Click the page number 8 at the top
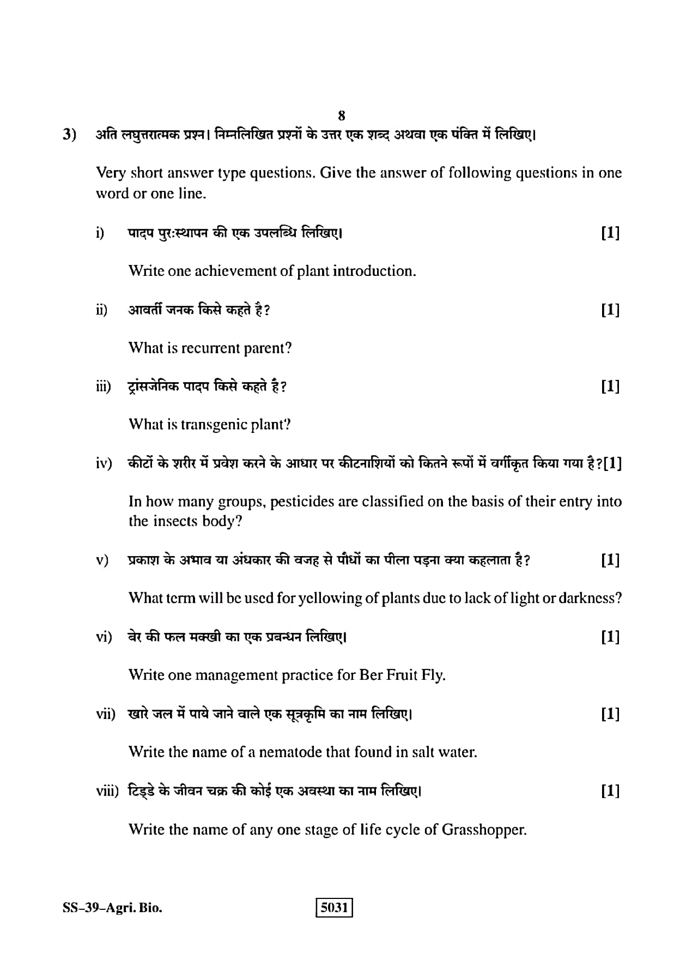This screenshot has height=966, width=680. [x=341, y=116]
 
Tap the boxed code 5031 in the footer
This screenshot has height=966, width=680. [x=334, y=908]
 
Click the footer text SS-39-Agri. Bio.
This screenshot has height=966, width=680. [x=112, y=908]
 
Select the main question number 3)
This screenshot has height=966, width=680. [x=69, y=134]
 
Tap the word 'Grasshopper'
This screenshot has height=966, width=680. [x=483, y=830]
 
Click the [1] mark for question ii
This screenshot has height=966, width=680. [x=610, y=310]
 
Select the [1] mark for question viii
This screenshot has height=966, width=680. [x=610, y=791]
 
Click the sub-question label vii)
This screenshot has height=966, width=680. [x=106, y=714]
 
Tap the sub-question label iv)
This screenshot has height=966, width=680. [x=104, y=464]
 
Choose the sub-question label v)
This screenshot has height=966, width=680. [x=102, y=560]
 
